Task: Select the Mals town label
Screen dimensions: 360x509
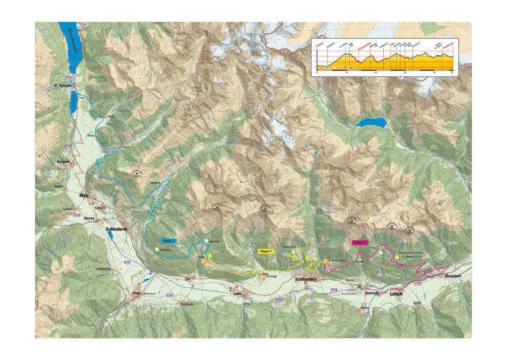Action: pyautogui.click(x=84, y=194)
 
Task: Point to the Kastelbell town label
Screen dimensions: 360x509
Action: pyautogui.click(x=453, y=276)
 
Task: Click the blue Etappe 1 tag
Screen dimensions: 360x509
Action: pyautogui.click(x=168, y=241)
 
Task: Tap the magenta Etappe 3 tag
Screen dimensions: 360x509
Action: pyautogui.click(x=360, y=243)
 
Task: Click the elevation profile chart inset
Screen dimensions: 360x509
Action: pyautogui.click(x=384, y=56)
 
